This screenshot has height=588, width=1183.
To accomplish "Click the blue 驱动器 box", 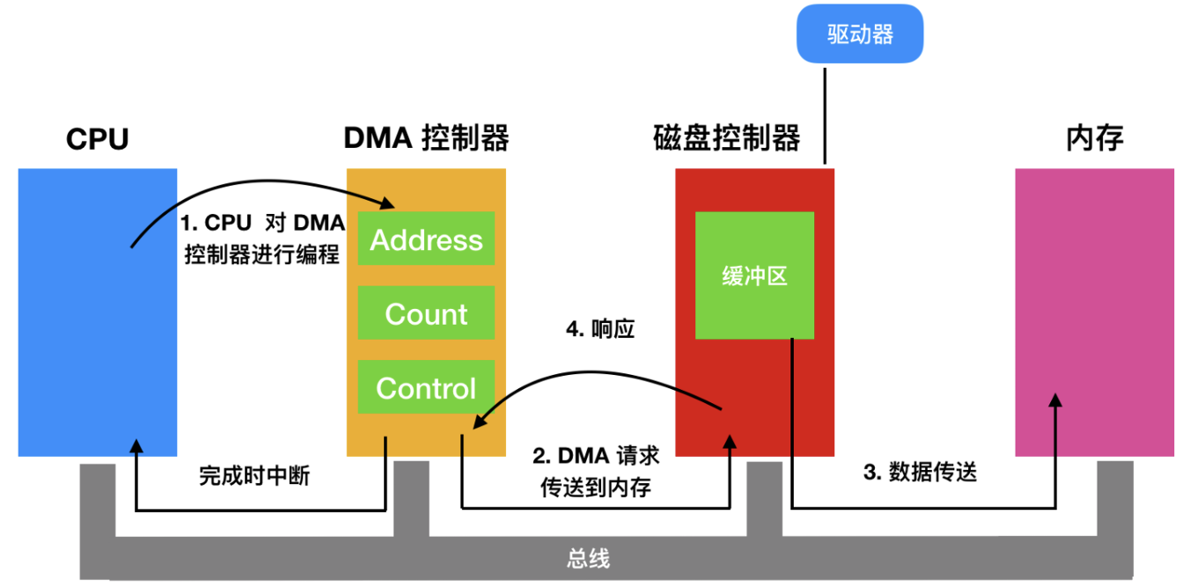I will [x=860, y=33].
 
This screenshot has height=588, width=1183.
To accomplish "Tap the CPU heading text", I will [x=98, y=139].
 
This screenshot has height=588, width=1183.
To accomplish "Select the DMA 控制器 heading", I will [x=426, y=138].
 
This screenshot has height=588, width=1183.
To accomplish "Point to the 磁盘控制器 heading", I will [x=726, y=138].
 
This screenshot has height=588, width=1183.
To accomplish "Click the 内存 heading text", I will [x=1094, y=138].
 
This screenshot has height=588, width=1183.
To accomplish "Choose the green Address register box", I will [x=426, y=239].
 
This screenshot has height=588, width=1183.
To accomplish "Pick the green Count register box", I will [x=426, y=313].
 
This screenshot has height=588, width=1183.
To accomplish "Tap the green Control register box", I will [x=426, y=387].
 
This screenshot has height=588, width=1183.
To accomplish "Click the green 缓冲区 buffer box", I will [x=754, y=276].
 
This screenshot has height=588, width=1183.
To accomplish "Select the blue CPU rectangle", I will [x=97, y=312].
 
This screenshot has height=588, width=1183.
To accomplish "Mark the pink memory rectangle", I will [x=1094, y=312].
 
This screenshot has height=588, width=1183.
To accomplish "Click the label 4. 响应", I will [x=599, y=330].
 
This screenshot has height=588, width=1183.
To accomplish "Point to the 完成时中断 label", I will [x=254, y=477].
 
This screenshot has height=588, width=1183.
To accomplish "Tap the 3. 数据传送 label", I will [x=920, y=473].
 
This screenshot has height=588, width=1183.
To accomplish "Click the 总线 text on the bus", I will [x=587, y=559].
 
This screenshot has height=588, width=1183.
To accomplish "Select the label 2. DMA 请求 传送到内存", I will [x=596, y=472].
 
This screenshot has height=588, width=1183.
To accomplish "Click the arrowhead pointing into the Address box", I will [x=387, y=204].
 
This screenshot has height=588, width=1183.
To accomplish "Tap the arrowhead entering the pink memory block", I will [x=1055, y=400].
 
